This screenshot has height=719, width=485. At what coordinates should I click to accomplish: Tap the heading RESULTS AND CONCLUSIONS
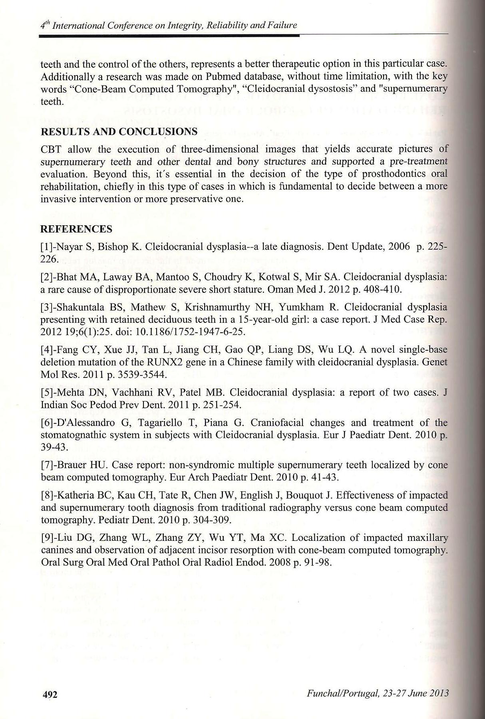click(x=119, y=132)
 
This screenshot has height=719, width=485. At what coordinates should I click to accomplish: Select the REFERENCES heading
click(x=76, y=229)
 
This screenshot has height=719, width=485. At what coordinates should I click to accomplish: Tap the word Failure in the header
click(x=284, y=25)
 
